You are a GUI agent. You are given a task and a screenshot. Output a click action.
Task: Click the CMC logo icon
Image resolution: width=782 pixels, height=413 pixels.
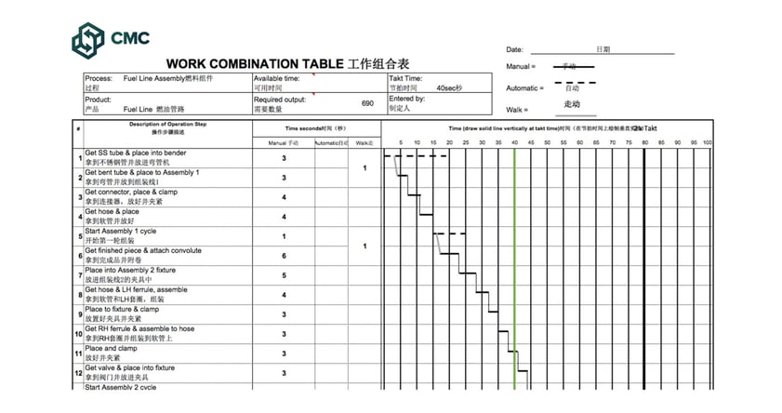[x=91, y=39]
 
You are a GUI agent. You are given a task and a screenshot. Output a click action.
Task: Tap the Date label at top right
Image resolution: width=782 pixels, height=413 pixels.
[x=515, y=49]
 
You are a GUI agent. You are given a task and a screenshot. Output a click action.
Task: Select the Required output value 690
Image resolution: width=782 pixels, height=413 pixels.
[x=367, y=103]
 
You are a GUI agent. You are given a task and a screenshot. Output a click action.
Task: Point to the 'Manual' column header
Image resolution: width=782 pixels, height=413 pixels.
[x=284, y=143]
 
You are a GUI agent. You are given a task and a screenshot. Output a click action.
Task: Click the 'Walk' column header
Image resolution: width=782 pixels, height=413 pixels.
[x=364, y=143]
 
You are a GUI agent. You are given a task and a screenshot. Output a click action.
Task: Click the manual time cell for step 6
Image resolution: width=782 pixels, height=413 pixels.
[x=284, y=256]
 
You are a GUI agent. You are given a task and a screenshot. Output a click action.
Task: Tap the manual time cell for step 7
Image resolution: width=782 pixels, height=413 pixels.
[x=284, y=275]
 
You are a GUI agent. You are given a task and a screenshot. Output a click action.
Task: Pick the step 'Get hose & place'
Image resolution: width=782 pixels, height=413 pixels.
[x=112, y=211]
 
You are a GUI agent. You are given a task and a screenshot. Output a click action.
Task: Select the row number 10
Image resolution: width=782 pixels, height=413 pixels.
[x=78, y=334]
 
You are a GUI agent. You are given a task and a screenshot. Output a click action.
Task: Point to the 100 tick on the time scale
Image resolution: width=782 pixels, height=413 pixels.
[x=707, y=143]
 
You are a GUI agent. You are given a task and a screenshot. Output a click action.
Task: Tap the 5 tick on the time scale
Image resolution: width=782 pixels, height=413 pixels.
[x=401, y=143]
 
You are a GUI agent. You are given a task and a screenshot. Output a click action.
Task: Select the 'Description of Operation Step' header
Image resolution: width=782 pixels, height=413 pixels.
[x=167, y=125]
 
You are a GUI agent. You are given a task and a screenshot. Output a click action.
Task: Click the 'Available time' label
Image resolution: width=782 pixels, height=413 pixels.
[x=277, y=79]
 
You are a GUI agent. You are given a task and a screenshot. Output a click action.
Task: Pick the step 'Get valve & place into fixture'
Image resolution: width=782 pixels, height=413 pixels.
[x=129, y=368]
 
